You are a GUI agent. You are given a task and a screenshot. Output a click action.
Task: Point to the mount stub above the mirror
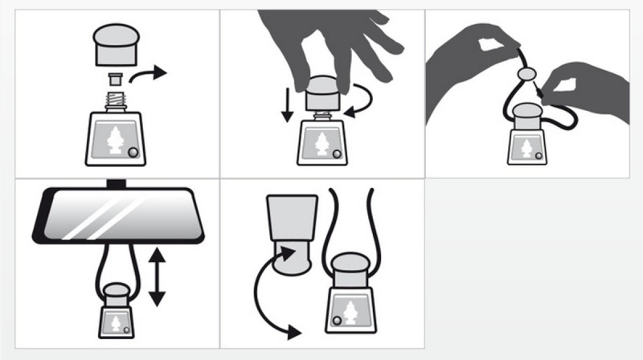(119, 182)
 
